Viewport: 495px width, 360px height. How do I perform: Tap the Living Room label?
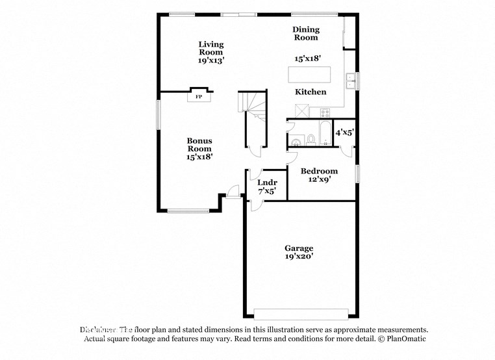(x=211, y=48)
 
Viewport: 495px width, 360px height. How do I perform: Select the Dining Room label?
(x=305, y=33)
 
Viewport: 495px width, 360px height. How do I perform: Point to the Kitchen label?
(x=311, y=92)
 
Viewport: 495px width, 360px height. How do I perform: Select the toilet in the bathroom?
(x=311, y=138)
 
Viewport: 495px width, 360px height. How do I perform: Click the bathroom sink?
(x=296, y=140)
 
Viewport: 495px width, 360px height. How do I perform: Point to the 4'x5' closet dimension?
(x=344, y=133)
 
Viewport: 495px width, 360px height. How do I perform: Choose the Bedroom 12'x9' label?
(x=318, y=175)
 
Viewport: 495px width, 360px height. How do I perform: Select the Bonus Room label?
(x=199, y=148)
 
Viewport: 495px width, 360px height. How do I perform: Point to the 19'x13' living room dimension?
(x=211, y=60)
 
